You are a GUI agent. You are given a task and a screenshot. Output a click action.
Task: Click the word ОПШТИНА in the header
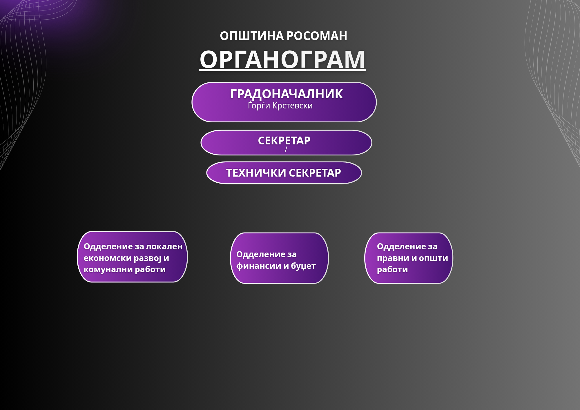tap(252, 36)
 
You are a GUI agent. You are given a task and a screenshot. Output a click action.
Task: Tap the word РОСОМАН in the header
tap(317, 36)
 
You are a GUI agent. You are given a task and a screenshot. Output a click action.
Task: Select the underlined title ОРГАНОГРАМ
tap(282, 59)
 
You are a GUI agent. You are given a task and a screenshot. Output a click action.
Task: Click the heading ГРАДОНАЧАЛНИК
tap(286, 94)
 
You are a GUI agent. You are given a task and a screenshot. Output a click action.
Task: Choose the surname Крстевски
tap(292, 106)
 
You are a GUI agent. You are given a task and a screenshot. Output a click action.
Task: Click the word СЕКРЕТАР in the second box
tap(284, 141)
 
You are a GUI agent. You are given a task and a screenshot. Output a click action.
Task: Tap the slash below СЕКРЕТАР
tap(286, 149)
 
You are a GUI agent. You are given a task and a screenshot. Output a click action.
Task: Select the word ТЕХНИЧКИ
tap(256, 173)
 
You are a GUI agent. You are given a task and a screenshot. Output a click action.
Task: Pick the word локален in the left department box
tap(164, 246)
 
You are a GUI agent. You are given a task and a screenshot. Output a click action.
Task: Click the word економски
tap(107, 258)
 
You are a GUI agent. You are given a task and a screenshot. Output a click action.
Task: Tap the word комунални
tap(108, 270)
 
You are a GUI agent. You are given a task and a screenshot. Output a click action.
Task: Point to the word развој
tap(147, 258)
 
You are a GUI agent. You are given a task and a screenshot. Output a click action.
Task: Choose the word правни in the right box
tap(393, 258)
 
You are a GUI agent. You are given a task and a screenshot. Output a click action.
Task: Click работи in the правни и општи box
tap(392, 269)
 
